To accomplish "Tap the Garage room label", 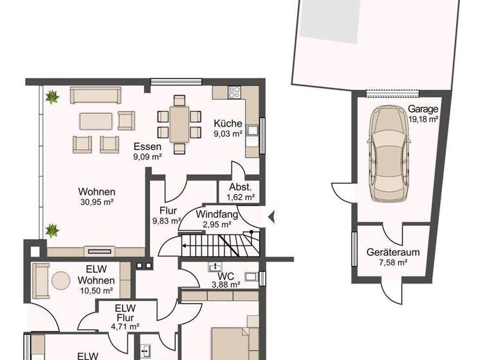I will [x=423, y=109].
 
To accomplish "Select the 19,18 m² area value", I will [x=423, y=119].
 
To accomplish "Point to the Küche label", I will [x=228, y=124].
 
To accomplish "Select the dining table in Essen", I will [x=179, y=124].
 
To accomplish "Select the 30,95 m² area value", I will [x=96, y=203].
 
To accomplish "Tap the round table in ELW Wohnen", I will [x=61, y=280].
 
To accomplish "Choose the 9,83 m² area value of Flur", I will [x=166, y=220].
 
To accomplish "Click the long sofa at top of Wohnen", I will [x=95, y=95].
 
